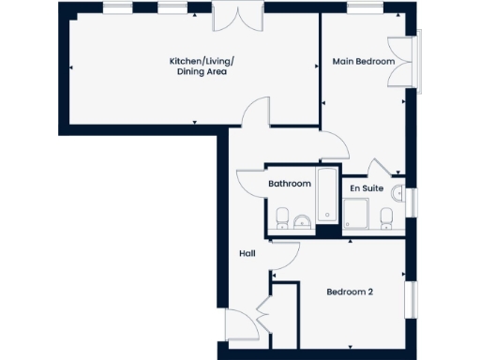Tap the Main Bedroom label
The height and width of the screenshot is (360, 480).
coord(363,62)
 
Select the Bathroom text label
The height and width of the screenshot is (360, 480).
coord(289,184)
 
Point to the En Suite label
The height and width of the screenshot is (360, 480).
coord(367,188)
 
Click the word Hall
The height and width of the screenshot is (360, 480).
coord(247,253)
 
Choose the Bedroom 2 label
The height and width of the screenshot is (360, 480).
coord(350,292)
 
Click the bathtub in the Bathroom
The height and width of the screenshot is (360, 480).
coord(327,197)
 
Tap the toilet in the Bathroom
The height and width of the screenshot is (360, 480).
coord(281,219)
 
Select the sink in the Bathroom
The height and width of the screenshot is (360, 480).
coord(302,221)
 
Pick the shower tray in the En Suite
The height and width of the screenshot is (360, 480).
coord(356,217)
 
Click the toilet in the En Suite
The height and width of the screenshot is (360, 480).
coord(386,218)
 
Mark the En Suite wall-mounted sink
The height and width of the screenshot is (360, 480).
coord(398,194)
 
